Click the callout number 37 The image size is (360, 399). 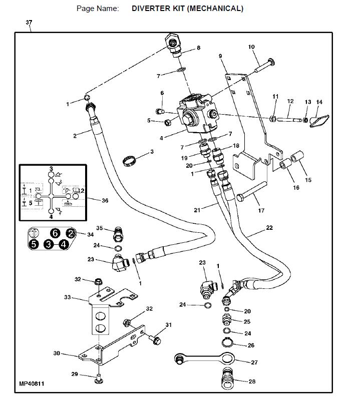tap(29, 23)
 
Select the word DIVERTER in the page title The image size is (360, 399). tap(154, 9)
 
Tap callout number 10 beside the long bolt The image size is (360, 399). tap(252, 47)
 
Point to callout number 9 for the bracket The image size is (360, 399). tap(220, 56)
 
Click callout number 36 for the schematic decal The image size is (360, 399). tap(105, 201)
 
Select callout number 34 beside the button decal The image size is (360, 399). tap(90, 234)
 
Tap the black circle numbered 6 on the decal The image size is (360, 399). tap(56, 233)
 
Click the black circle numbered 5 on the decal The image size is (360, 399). tap(34, 244)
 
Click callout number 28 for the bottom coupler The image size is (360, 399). tap(252, 381)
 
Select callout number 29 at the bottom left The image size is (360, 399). tap(75, 374)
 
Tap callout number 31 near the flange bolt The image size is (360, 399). tap(168, 325)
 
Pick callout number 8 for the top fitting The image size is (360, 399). tap(198, 48)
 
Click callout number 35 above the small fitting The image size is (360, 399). tap(99, 228)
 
